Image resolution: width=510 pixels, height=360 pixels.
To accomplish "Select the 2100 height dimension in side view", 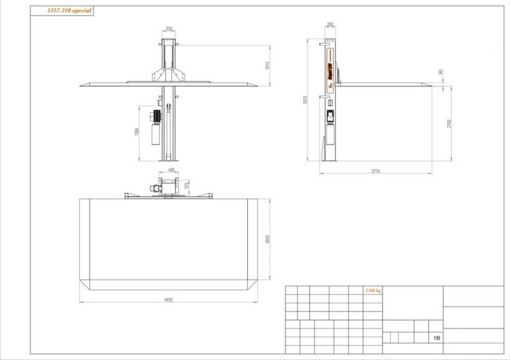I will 449,122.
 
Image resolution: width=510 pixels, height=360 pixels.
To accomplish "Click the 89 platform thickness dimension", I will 449,72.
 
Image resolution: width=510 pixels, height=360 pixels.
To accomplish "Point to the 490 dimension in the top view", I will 171,170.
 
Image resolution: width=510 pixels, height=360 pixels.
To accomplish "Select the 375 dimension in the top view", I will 186,185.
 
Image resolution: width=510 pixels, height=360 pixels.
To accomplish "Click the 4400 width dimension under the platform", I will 168,299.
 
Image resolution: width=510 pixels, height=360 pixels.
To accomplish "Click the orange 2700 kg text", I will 373,291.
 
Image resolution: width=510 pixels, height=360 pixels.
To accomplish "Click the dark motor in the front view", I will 153,115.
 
